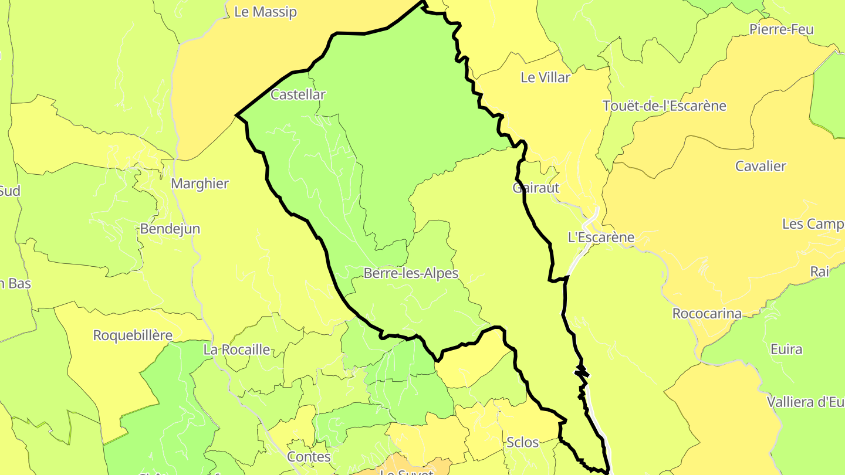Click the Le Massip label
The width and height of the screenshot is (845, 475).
click(265, 12)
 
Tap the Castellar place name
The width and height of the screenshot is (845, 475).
click(298, 94)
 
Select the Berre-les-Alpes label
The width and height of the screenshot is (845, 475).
click(411, 273)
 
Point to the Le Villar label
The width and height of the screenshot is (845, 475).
click(546, 77)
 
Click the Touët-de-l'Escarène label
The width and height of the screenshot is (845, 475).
click(664, 106)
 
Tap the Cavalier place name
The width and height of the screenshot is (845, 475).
click(760, 166)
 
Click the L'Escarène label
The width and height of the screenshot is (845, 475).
click(601, 238)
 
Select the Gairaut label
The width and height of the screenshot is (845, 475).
click(536, 188)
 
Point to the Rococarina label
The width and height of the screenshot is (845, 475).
click(707, 313)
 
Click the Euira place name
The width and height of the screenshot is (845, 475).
click(786, 350)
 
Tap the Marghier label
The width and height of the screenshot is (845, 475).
click(200, 184)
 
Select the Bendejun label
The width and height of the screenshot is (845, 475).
click(170, 229)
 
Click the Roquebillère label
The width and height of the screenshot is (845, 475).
click(133, 335)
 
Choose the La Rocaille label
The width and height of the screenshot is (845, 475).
click(236, 350)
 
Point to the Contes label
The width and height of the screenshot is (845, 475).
click(309, 456)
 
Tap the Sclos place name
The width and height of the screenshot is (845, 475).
click(522, 442)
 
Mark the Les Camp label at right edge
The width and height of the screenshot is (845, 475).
click(813, 224)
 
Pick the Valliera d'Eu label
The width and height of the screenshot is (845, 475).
click(805, 402)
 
